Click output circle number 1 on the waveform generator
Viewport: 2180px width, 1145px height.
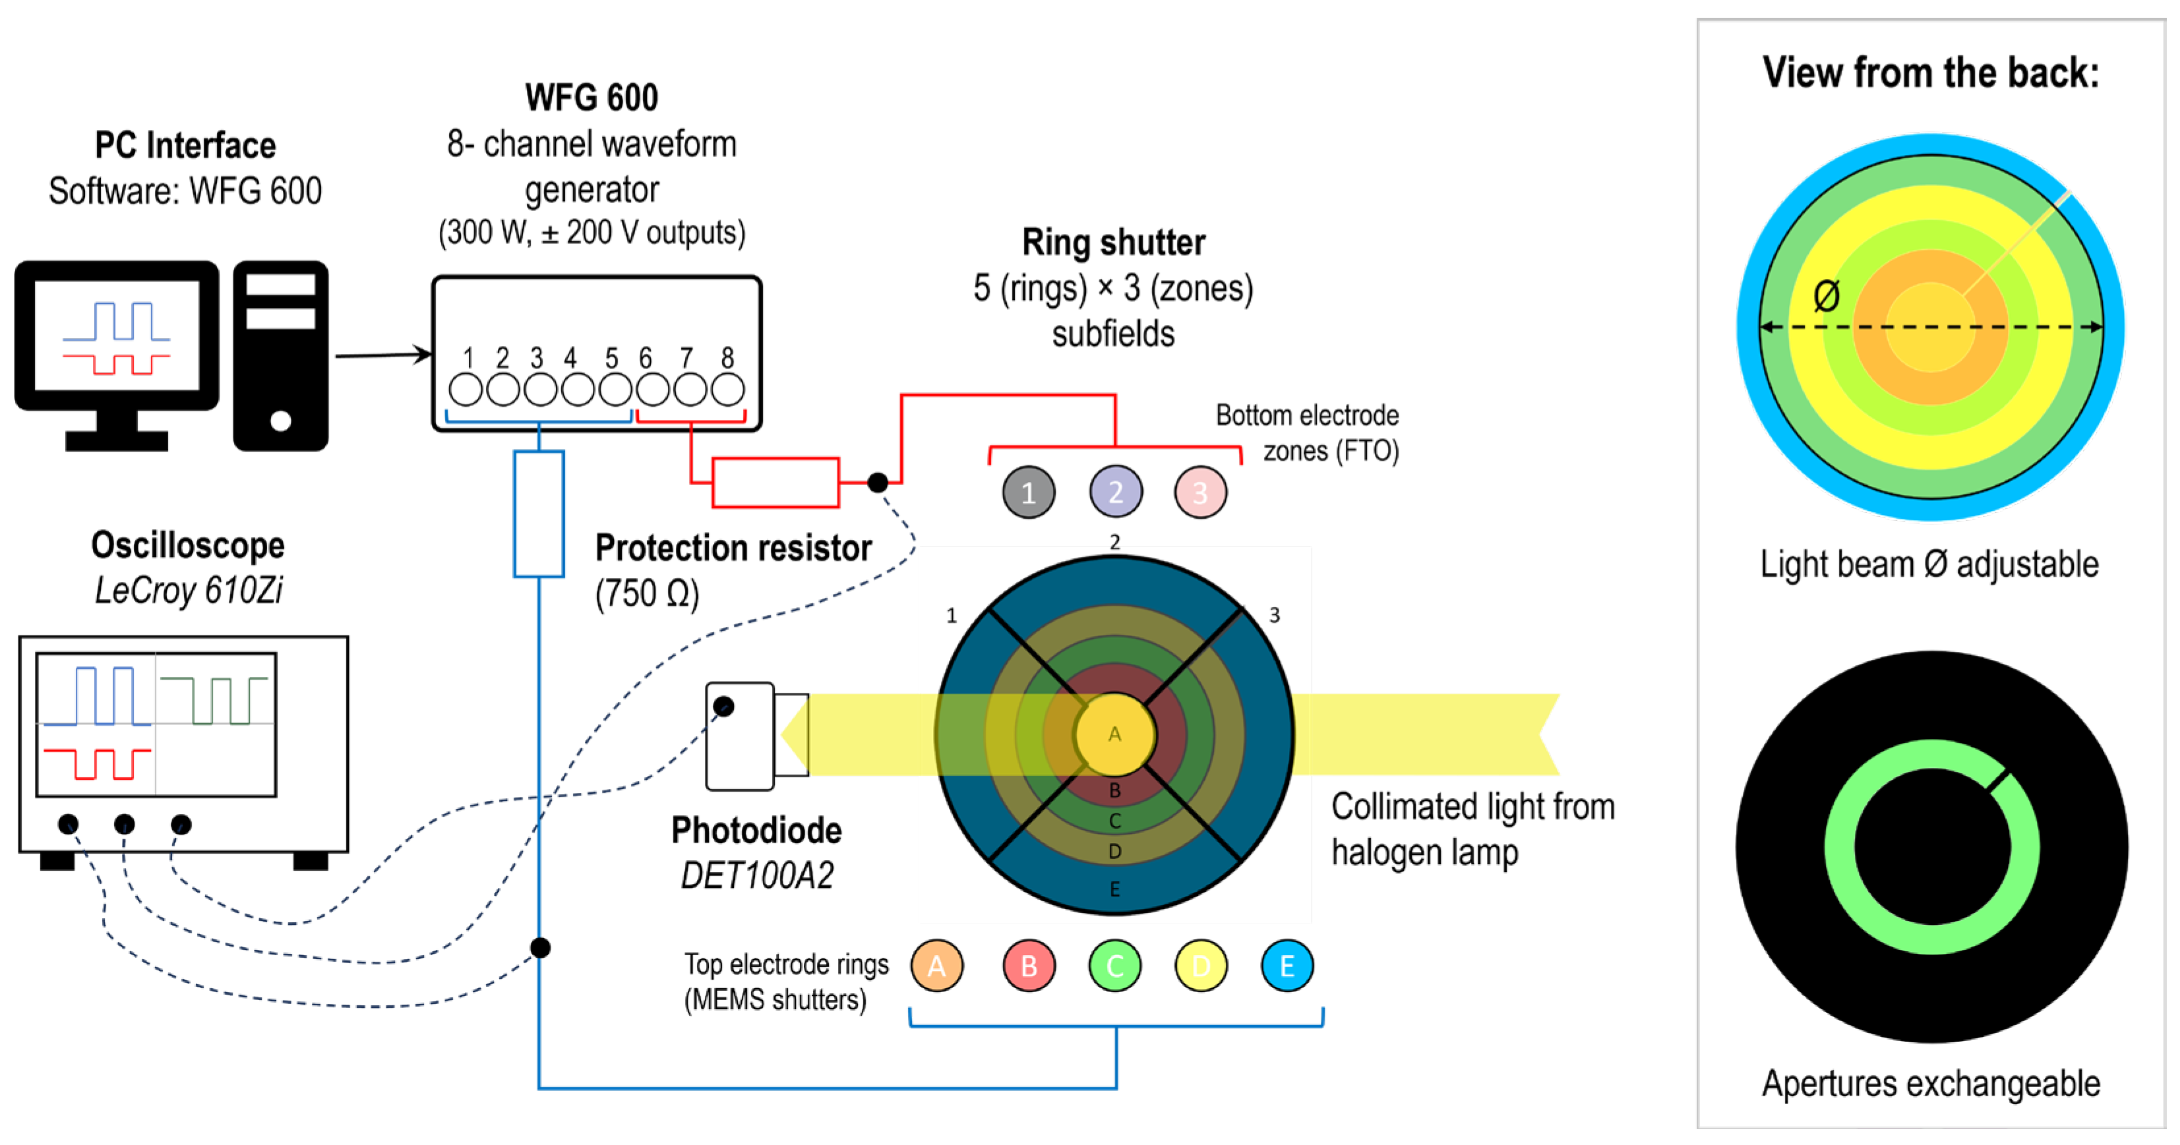(x=466, y=390)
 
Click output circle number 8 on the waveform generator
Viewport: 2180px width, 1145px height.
(x=727, y=390)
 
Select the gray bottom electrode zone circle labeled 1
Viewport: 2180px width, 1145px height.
(x=1028, y=492)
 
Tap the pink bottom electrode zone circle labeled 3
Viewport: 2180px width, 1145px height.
(x=1200, y=492)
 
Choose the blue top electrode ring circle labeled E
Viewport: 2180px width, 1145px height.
(x=1287, y=966)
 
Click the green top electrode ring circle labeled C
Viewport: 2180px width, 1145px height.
(x=1114, y=966)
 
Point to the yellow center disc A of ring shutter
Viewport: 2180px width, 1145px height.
(x=1114, y=734)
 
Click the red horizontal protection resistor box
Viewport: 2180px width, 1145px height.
(x=775, y=483)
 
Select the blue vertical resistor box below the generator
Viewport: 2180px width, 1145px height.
(x=539, y=514)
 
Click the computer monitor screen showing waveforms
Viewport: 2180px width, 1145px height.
(x=117, y=335)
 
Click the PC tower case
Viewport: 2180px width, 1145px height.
(x=280, y=355)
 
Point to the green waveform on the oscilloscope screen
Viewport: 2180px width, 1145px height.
(x=216, y=699)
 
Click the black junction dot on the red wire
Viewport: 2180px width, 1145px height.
(x=878, y=483)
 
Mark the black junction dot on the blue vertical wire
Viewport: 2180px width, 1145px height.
(x=540, y=947)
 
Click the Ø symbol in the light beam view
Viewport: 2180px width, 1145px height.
(x=1827, y=296)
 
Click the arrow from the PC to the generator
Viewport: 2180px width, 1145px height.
(x=382, y=355)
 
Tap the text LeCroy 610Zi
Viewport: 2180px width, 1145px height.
(x=189, y=590)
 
